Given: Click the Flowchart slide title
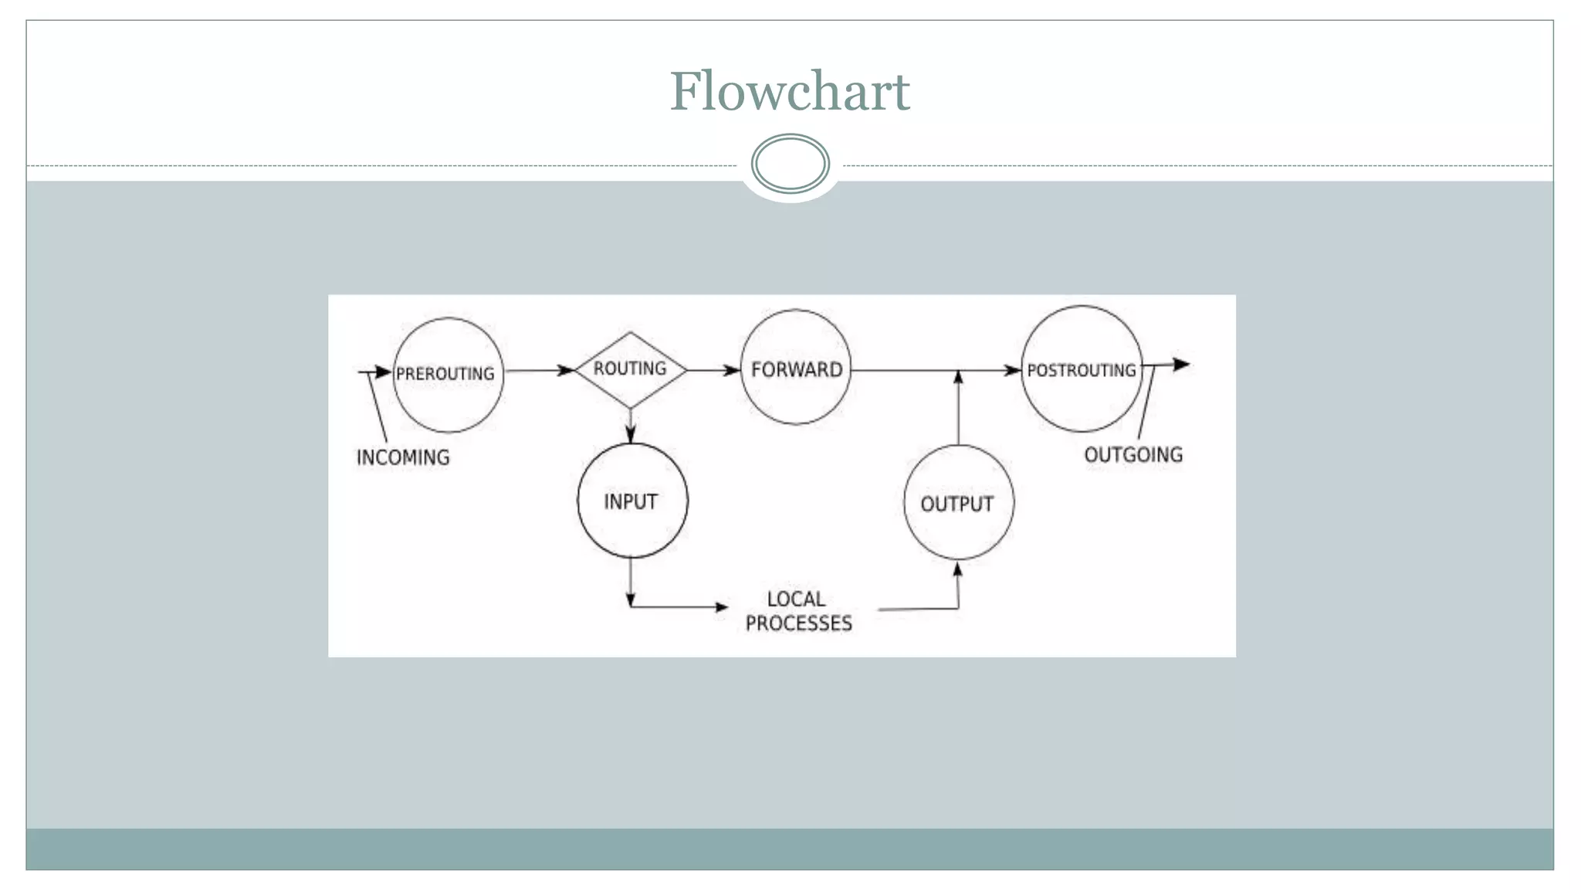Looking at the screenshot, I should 790,91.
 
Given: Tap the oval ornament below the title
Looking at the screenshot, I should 790,164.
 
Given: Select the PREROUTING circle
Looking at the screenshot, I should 448,375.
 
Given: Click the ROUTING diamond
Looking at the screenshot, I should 630,369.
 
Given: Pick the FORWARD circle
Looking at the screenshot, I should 796,369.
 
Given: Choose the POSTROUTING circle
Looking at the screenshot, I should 1081,369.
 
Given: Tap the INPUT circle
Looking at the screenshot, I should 631,501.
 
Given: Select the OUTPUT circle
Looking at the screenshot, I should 957,504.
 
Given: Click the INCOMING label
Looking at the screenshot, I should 402,457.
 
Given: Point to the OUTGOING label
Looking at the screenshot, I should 1132,455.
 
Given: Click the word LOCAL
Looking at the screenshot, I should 795,599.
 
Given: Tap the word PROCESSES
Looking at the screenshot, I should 798,623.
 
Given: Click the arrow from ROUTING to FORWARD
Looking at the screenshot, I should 712,371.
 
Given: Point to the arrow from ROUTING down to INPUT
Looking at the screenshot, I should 631,425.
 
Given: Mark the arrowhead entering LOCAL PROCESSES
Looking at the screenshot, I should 720,607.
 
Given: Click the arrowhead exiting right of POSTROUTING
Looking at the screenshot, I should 1180,364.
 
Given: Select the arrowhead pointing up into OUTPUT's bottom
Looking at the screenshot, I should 957,570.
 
